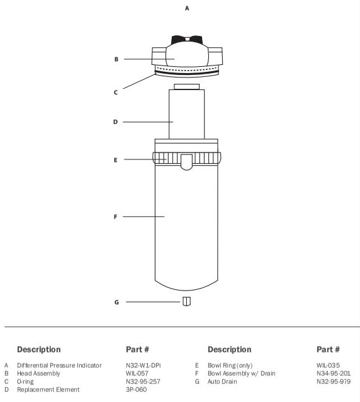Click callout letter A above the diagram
(x=187, y=8)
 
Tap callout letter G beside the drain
(x=116, y=302)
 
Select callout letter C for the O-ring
(x=116, y=92)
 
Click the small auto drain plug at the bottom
(x=187, y=301)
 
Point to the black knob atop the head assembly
(x=187, y=40)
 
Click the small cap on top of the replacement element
(x=187, y=87)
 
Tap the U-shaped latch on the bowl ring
(x=187, y=162)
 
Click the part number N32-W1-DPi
(x=143, y=365)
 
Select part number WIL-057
(x=137, y=373)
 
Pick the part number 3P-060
(x=136, y=389)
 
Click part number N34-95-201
(x=334, y=373)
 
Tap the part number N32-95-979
(x=334, y=381)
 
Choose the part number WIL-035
(x=328, y=365)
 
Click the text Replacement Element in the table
(x=48, y=389)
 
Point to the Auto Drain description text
(x=222, y=381)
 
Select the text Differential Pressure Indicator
(x=59, y=365)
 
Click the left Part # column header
(x=137, y=350)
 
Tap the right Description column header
(x=230, y=350)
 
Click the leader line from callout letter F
(x=143, y=217)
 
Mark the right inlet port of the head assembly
(x=215, y=56)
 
